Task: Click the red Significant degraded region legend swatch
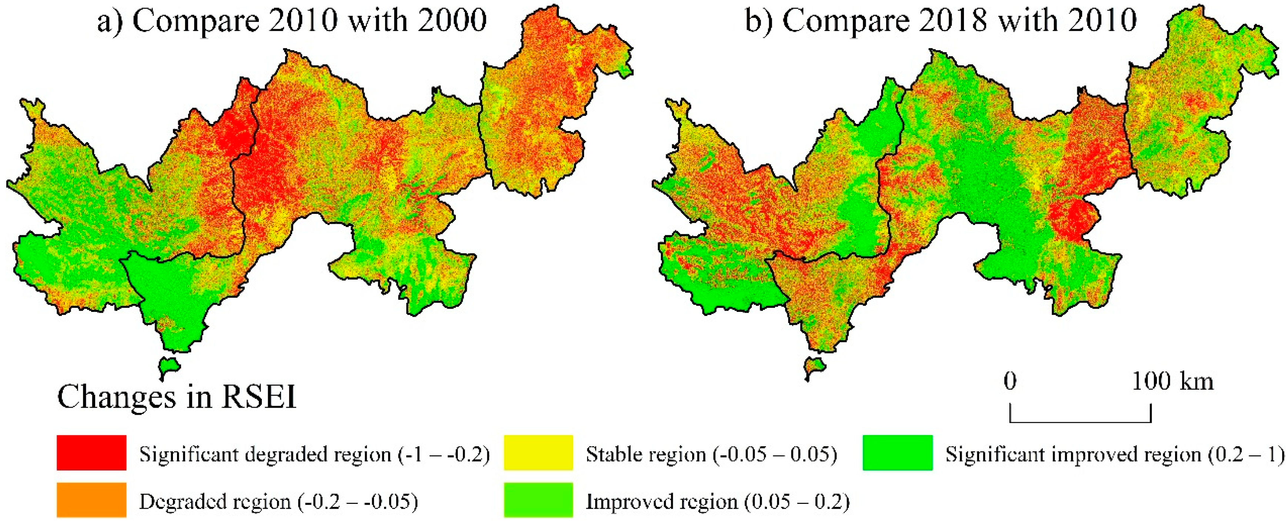coord(91,452)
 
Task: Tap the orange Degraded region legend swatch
coord(91,499)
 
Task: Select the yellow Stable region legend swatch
coord(538,452)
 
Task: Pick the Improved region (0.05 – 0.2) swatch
coord(538,499)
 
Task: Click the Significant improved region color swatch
coord(898,452)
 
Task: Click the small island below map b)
coord(814,369)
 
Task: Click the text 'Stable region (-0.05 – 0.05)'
coord(711,454)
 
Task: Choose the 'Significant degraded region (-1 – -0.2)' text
coord(314,454)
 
